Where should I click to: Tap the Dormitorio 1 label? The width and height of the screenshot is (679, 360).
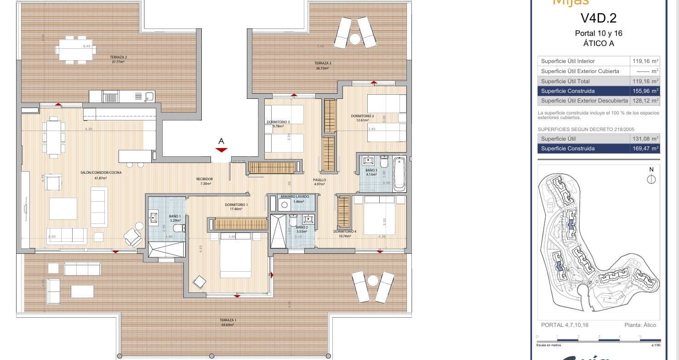pyautogui.click(x=237, y=205)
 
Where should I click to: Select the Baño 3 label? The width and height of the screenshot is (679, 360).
pyautogui.click(x=371, y=171)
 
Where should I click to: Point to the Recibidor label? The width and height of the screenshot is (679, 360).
pyautogui.click(x=205, y=179)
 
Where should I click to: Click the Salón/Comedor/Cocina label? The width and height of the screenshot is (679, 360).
pyautogui.click(x=94, y=173)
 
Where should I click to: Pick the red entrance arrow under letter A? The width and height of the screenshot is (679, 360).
pyautogui.click(x=222, y=150)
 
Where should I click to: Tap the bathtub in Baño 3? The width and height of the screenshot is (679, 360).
pyautogui.click(x=399, y=173)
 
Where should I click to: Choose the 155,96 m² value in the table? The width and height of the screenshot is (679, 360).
pyautogui.click(x=645, y=91)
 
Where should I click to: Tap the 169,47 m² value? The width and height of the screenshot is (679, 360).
pyautogui.click(x=645, y=149)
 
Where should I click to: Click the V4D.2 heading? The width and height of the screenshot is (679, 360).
pyautogui.click(x=599, y=18)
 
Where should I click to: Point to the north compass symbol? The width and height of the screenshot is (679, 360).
pyautogui.click(x=651, y=179)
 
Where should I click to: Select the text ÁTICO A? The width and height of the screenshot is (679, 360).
pyautogui.click(x=599, y=44)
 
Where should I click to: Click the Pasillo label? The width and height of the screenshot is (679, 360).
pyautogui.click(x=320, y=180)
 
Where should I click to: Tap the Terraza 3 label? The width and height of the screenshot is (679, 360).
pyautogui.click(x=323, y=63)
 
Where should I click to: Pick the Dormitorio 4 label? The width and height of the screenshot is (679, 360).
pyautogui.click(x=345, y=231)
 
